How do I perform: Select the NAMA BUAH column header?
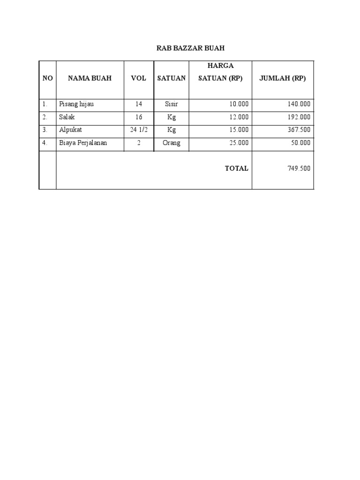[x=90, y=78]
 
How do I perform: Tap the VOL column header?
[x=139, y=78]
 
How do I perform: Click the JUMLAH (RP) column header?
[x=282, y=78]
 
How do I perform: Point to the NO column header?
[x=47, y=78]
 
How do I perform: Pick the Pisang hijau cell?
[x=76, y=104]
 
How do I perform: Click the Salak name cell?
[x=67, y=117]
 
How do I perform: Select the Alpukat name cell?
[x=70, y=130]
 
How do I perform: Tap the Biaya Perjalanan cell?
[x=83, y=143]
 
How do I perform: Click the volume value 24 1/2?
[x=139, y=130]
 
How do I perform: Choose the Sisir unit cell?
[x=171, y=104]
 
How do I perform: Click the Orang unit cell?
[x=171, y=143]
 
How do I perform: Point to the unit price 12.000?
[x=239, y=117]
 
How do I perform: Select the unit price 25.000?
[x=239, y=143]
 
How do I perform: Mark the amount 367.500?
[x=299, y=130]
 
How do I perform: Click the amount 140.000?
[x=299, y=104]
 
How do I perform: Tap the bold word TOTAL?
[x=237, y=168]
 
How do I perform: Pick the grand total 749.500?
[x=299, y=168]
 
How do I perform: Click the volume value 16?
[x=139, y=117]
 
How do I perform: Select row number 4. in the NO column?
[x=45, y=143]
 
